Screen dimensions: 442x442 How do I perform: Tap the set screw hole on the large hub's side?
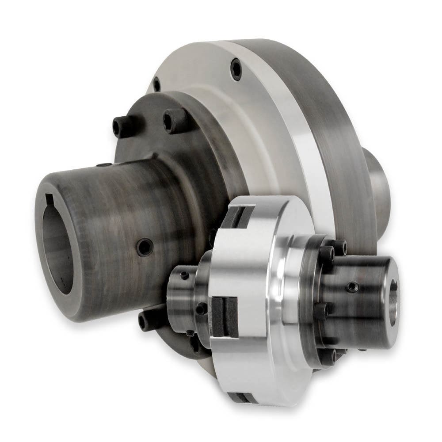pos(145,247)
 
